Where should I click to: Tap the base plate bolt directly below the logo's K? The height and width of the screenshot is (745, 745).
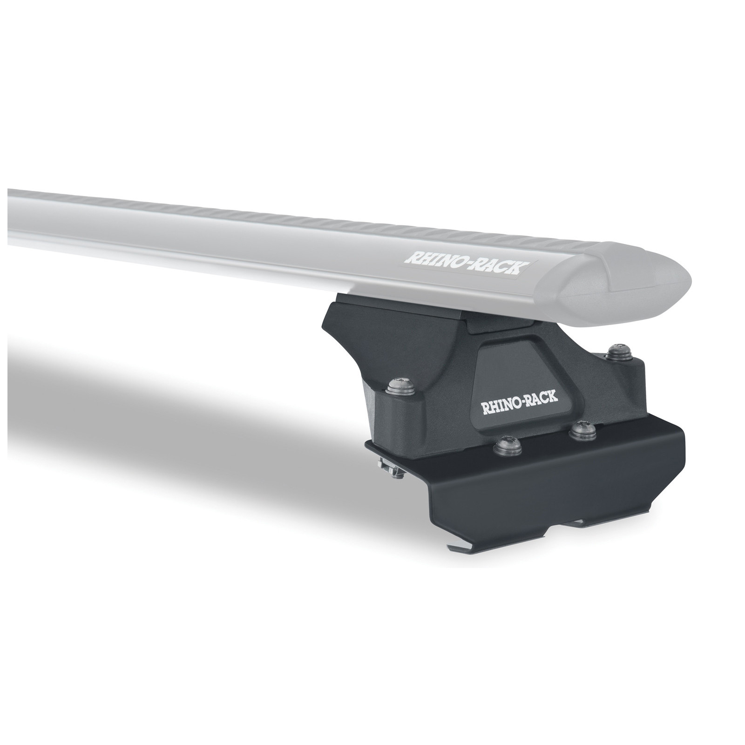tap(581, 432)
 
